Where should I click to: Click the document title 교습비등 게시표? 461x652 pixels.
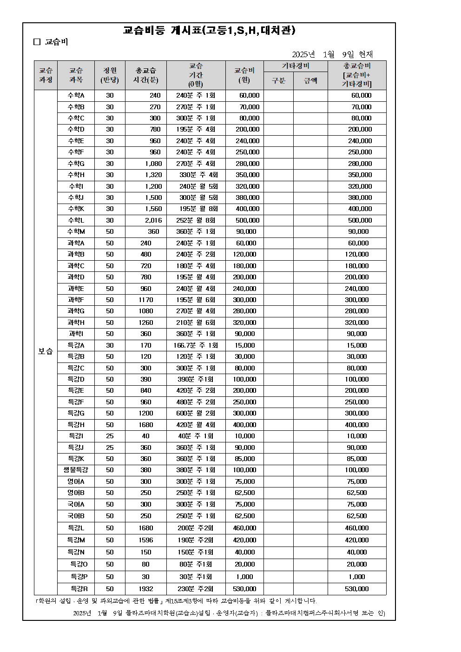coord(209,31)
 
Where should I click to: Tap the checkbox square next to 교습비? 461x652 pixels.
coord(37,42)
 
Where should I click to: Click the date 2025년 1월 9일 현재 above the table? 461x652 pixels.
coord(332,54)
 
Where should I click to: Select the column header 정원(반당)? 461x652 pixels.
coord(110,75)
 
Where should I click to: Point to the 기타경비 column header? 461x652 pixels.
coord(296,66)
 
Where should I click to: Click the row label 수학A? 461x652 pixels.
coord(76,95)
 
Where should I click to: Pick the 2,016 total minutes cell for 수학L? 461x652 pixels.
coord(153,220)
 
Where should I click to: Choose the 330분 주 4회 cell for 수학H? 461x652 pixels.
coord(198,175)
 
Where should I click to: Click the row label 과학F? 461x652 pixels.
coord(76,300)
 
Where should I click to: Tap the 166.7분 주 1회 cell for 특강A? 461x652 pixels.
coord(196,345)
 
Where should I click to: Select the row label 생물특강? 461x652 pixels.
coord(76,470)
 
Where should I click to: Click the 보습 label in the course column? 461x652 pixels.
coord(46,351)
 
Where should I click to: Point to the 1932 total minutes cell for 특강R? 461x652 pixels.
coord(146,589)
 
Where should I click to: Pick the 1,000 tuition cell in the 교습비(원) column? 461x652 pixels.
coord(244,577)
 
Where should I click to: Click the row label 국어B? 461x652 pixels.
coord(76,516)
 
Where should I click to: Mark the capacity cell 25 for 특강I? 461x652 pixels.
coord(110,436)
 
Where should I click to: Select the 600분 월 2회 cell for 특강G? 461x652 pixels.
coord(196,413)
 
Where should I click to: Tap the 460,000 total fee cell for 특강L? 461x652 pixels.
coord(356,528)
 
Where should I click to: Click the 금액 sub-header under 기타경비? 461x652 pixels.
coord(310,80)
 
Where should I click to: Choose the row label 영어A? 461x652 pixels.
coord(76,481)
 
